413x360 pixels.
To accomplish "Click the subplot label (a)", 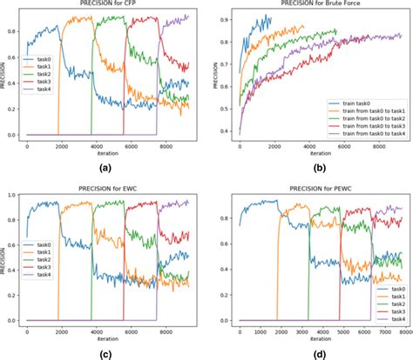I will point(105,167).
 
